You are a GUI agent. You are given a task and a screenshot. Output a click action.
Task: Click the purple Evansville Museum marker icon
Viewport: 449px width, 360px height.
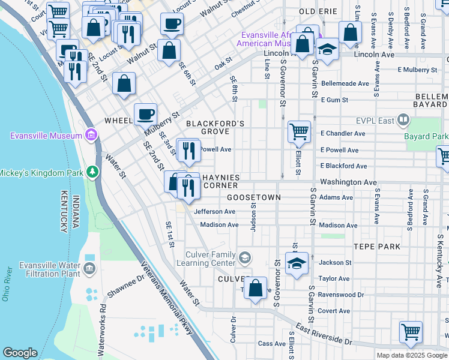coord(91,134)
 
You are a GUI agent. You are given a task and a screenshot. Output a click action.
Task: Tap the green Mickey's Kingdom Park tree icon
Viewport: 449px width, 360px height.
coord(92,173)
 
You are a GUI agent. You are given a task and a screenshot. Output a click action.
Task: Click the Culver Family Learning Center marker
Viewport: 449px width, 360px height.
coord(244,259)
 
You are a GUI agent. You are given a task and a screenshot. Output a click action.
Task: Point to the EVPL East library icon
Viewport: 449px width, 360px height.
coord(403,121)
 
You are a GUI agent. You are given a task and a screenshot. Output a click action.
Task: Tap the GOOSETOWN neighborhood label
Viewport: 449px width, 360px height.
coord(253,197)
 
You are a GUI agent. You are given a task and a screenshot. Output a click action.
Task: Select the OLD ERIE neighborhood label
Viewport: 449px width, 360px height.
coord(316,11)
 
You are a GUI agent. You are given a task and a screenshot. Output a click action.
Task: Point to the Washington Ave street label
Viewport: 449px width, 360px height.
coord(348,182)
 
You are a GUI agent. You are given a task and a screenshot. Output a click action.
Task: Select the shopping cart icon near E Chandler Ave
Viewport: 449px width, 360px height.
coord(299,130)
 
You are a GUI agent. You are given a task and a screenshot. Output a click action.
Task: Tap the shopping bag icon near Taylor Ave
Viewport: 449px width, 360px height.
coord(256,288)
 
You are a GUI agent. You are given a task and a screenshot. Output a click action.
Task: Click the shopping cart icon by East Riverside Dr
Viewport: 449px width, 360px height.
coord(411,331)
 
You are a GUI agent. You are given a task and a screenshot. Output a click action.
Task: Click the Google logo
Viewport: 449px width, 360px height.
coord(20,353)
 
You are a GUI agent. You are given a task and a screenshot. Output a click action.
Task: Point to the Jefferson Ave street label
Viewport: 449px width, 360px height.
coord(214,211)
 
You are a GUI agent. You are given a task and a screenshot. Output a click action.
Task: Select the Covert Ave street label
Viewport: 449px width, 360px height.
coord(334,311)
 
